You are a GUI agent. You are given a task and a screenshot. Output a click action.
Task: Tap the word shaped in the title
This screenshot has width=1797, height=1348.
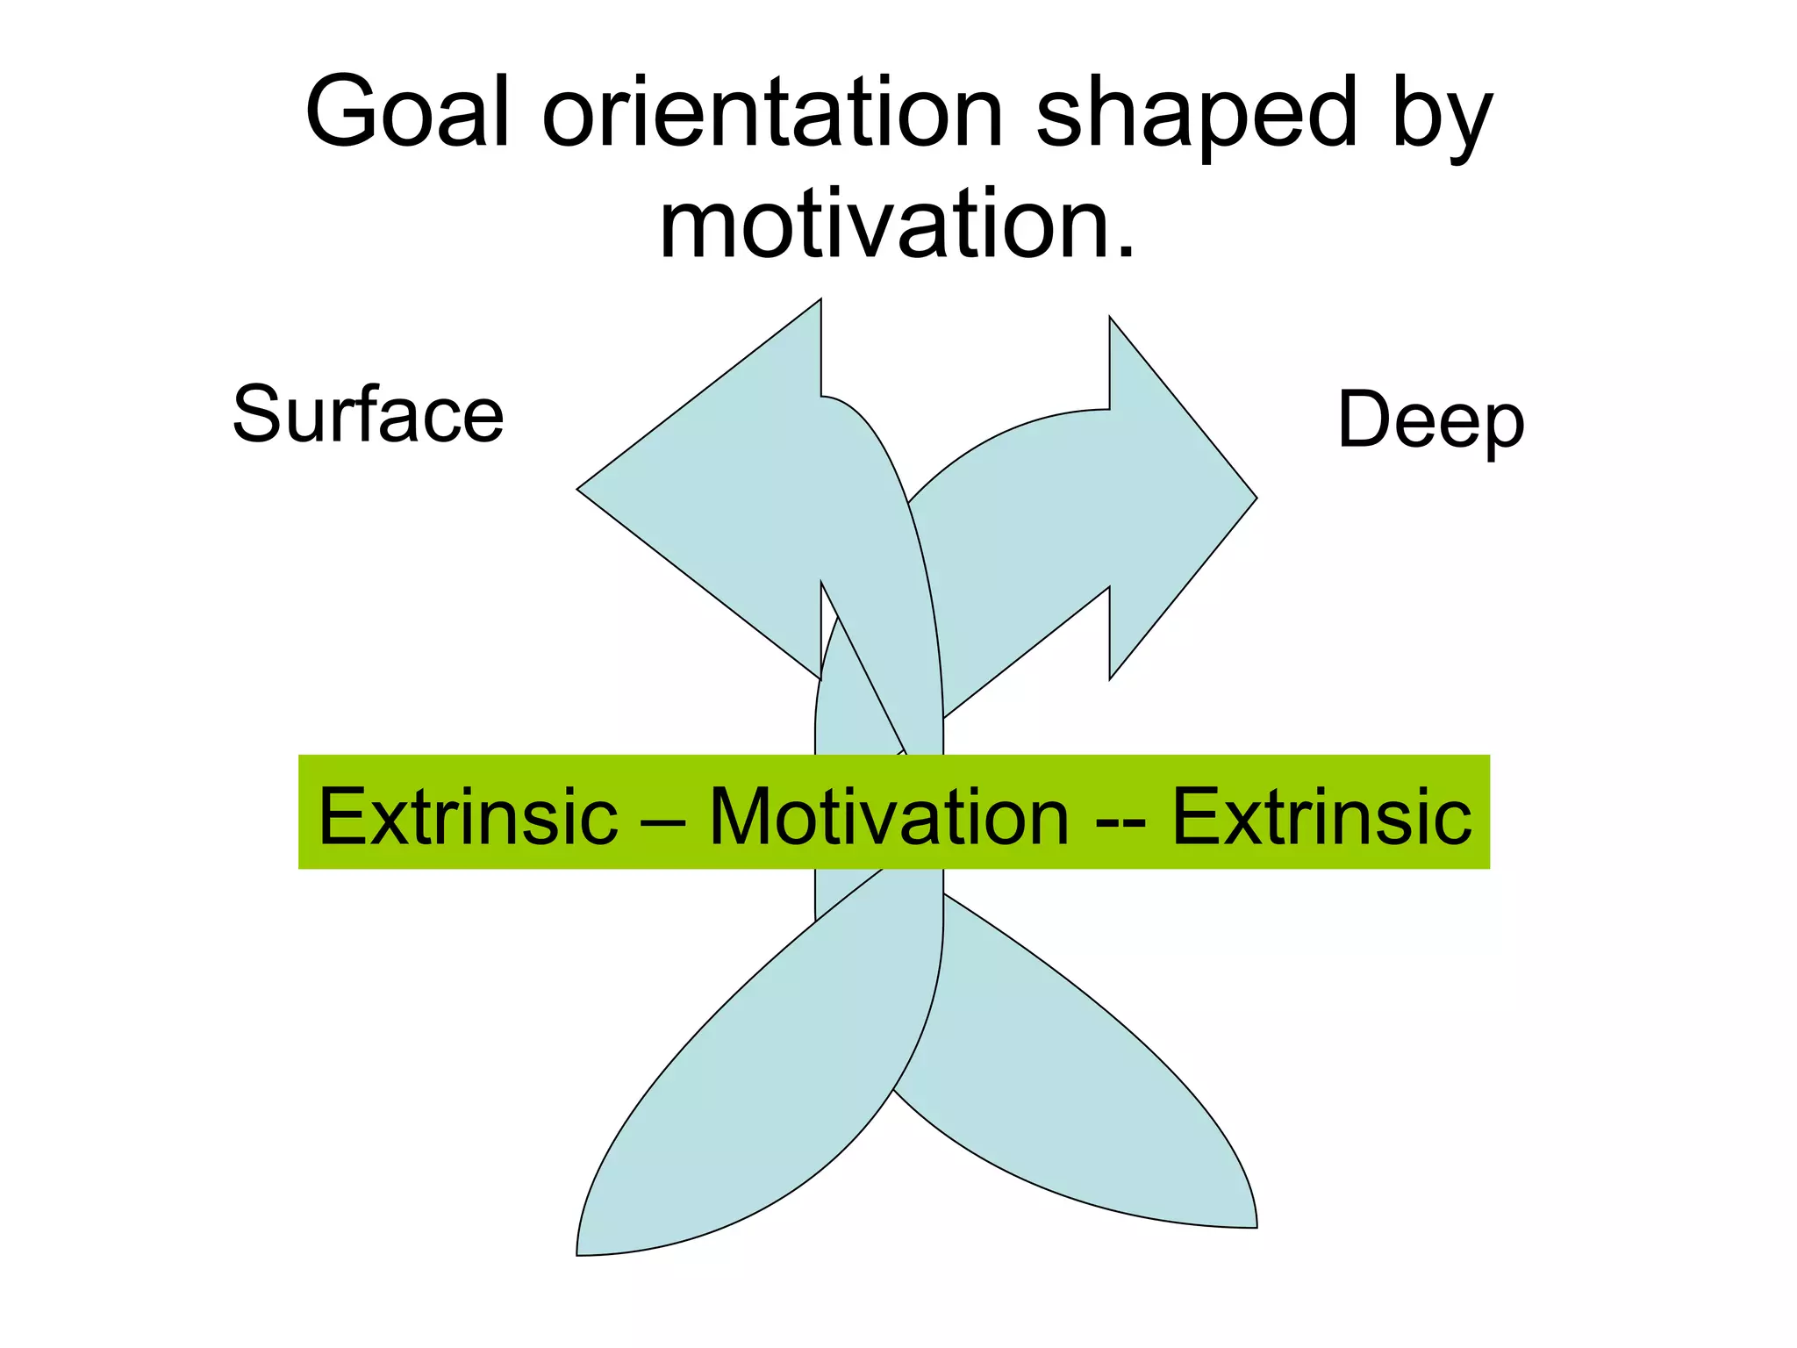pos(1197,114)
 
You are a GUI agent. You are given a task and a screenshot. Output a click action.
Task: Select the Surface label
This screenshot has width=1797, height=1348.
pos(368,414)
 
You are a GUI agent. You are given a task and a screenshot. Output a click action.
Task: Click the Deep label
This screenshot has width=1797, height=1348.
pos(1430,421)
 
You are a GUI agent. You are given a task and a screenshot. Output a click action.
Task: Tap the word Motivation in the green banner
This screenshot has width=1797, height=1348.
pos(889,816)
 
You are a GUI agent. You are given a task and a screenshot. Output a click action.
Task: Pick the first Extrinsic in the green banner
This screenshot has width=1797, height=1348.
pos(468,816)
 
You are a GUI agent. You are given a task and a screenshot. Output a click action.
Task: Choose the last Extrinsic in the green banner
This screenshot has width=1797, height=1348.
pos(1321,816)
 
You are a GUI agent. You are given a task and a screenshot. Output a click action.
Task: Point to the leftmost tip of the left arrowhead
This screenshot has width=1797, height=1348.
pos(580,489)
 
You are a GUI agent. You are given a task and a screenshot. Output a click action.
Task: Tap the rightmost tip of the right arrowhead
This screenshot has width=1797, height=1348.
pos(1254,498)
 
